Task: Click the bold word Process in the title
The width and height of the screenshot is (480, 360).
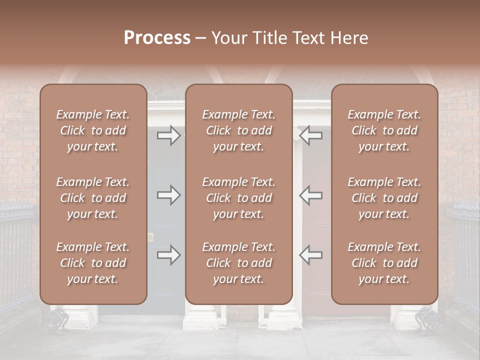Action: [x=157, y=38]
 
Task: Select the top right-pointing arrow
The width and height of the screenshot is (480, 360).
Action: [x=168, y=135]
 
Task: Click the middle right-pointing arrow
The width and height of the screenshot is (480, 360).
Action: [x=168, y=195]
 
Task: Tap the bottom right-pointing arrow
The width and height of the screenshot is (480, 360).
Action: [x=168, y=255]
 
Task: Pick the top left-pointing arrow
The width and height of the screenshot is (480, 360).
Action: [x=310, y=135]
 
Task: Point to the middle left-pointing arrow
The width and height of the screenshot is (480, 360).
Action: [x=310, y=195]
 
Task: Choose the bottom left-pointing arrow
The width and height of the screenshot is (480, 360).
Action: [x=310, y=255]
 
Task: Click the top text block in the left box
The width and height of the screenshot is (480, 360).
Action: [x=93, y=130]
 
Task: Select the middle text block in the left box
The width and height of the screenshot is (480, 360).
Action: [x=93, y=198]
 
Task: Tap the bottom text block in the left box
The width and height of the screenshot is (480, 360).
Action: [x=93, y=263]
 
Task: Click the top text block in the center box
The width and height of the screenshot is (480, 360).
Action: [x=238, y=130]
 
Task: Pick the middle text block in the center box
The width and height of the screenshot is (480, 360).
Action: [x=238, y=198]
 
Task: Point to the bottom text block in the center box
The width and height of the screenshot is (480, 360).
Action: [x=238, y=263]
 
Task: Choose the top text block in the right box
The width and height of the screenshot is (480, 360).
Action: [x=384, y=130]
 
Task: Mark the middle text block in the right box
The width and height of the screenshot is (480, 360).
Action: [x=384, y=198]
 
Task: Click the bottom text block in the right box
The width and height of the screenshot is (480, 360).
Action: [x=384, y=263]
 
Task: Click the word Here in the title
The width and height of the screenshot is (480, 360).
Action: [x=350, y=38]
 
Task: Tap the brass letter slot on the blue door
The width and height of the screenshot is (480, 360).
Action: [x=150, y=236]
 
